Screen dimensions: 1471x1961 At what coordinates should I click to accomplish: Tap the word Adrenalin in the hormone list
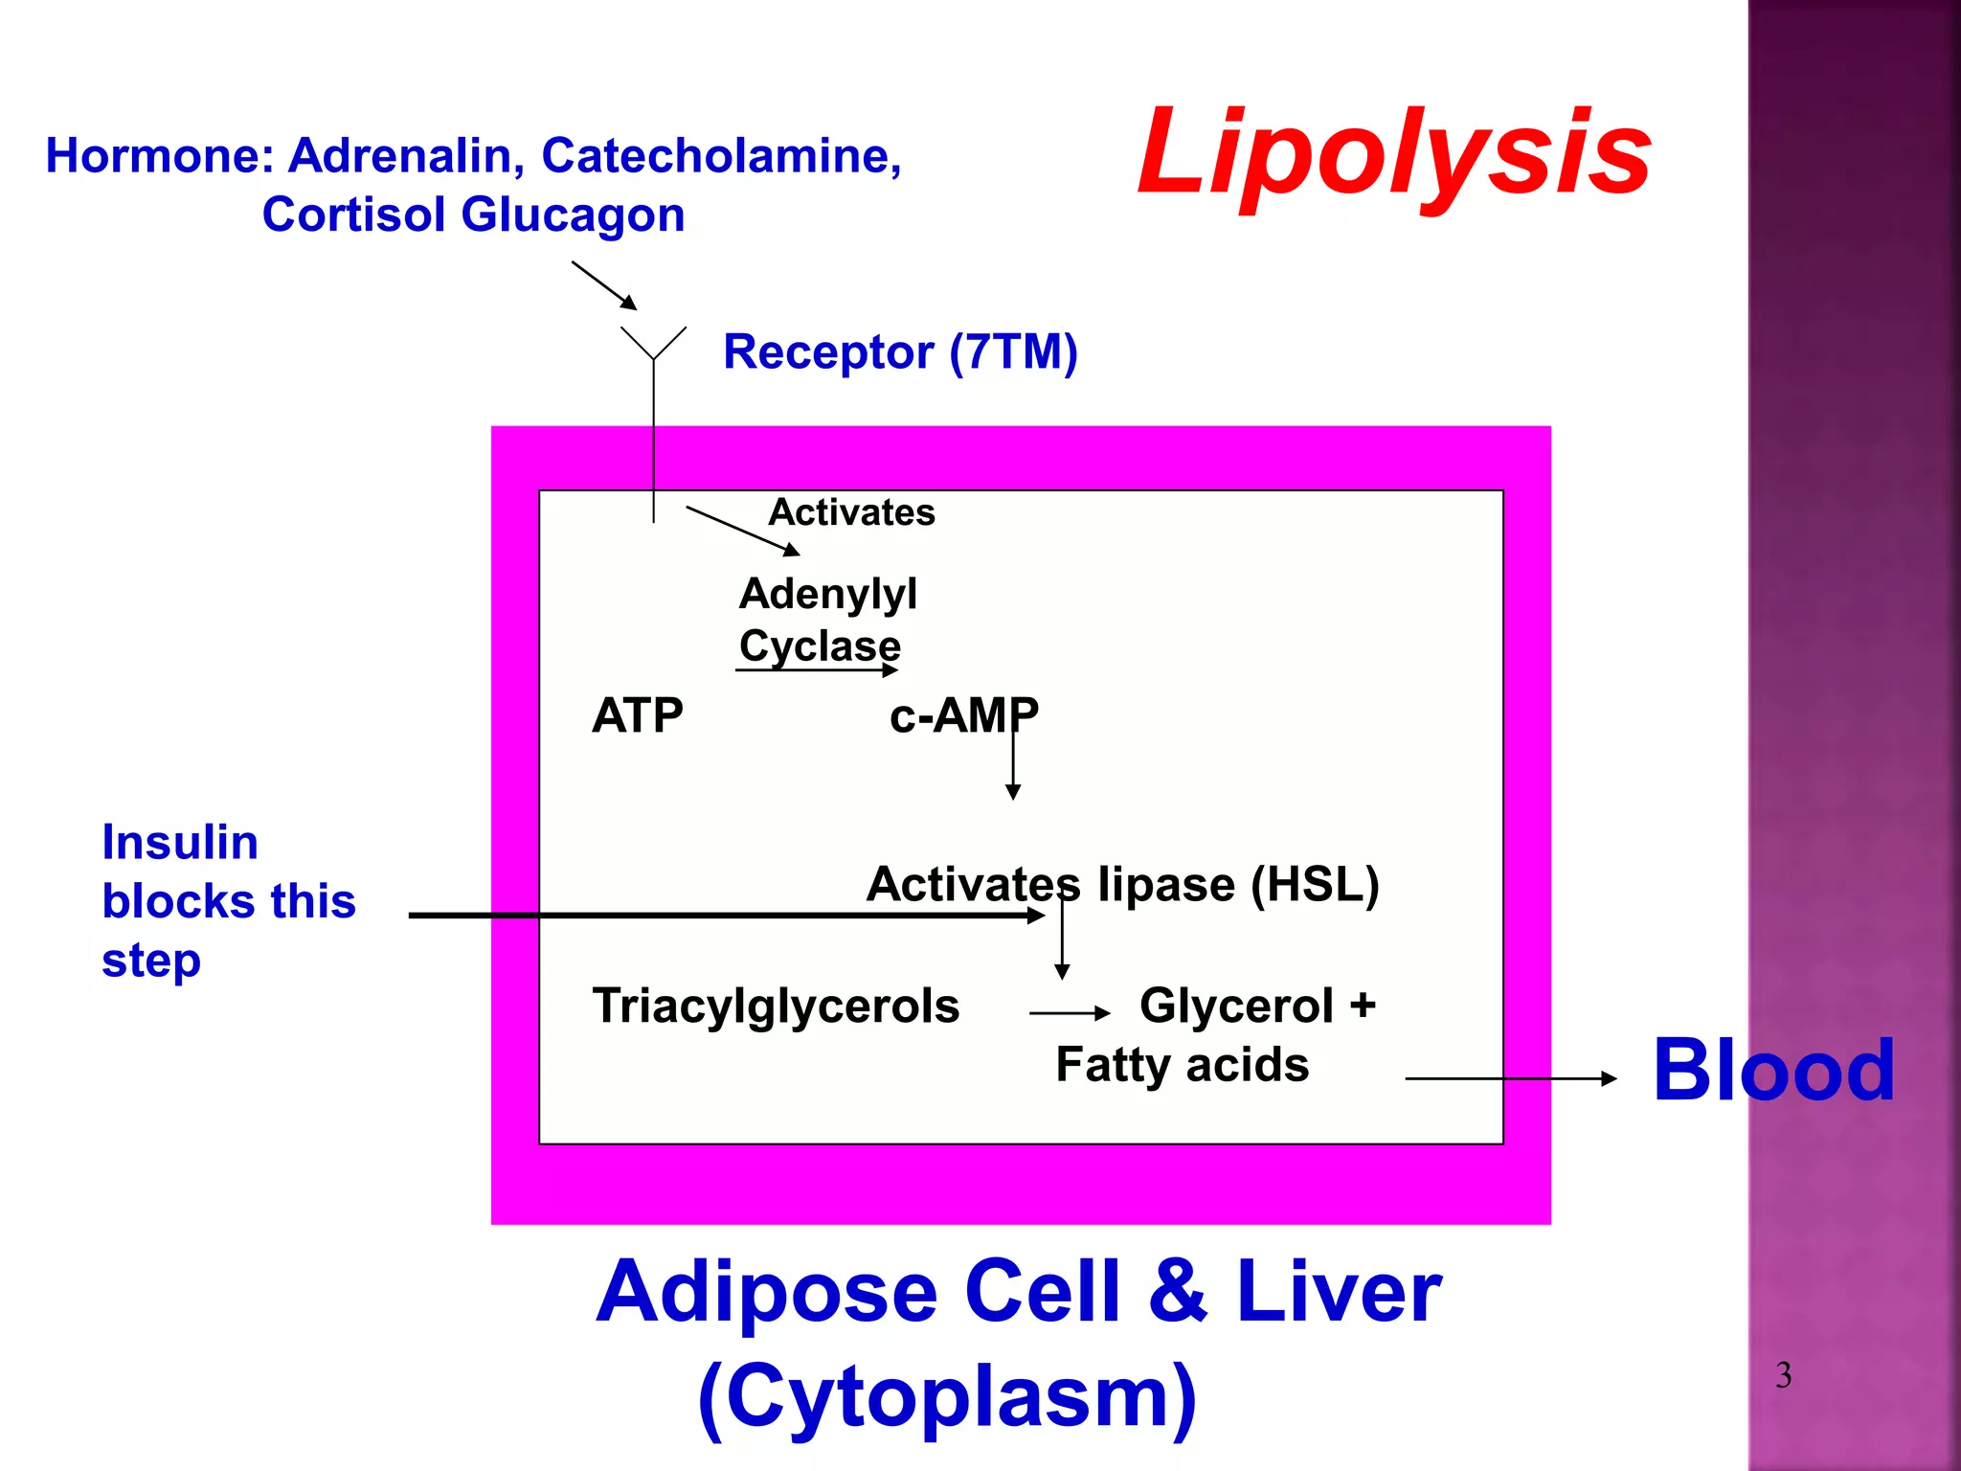tap(406, 155)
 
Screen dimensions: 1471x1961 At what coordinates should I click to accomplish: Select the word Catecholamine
tap(720, 155)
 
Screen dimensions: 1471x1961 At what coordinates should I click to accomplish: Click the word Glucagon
tap(573, 215)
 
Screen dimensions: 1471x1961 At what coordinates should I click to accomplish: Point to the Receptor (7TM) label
tap(900, 351)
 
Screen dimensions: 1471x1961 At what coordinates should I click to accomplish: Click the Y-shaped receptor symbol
tap(654, 345)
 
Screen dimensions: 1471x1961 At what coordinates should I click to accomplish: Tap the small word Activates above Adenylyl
tap(851, 512)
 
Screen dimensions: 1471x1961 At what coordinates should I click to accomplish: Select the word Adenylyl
tap(827, 594)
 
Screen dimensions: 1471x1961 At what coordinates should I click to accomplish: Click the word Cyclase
tap(820, 645)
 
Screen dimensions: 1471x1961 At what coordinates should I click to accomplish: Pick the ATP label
tap(638, 715)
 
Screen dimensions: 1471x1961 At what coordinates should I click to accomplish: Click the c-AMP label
tap(963, 715)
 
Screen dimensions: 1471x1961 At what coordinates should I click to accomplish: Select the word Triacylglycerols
tap(776, 1006)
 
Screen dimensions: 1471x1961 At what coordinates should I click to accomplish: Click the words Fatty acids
tap(1182, 1065)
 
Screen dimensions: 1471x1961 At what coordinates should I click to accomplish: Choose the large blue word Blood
tap(1773, 1071)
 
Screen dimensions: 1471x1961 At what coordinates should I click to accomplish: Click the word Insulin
tap(180, 843)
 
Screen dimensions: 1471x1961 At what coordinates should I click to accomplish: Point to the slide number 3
tap(1783, 1375)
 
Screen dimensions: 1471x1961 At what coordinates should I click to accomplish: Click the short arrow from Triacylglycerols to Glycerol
tap(1069, 1012)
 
